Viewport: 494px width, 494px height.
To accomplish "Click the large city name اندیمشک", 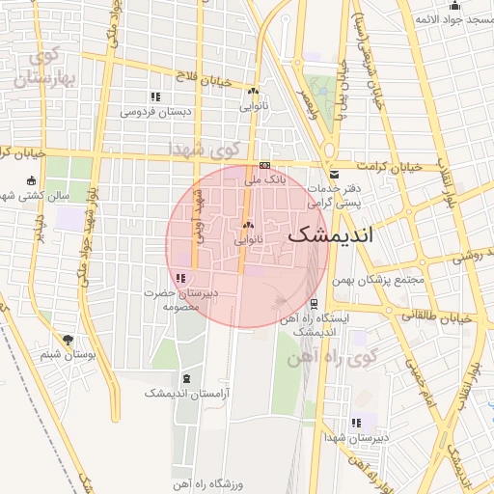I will [x=331, y=233].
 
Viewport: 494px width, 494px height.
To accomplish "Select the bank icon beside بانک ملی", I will [x=264, y=164].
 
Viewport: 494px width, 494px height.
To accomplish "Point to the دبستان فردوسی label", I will [x=156, y=111].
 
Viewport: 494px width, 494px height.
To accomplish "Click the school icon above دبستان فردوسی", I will [x=155, y=96].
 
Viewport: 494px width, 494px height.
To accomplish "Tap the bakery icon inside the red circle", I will [x=248, y=226].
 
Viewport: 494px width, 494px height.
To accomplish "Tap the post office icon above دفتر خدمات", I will [x=334, y=175].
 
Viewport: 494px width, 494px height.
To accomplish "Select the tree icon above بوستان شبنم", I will [x=68, y=340].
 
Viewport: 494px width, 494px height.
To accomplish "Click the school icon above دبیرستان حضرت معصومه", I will [x=182, y=278].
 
